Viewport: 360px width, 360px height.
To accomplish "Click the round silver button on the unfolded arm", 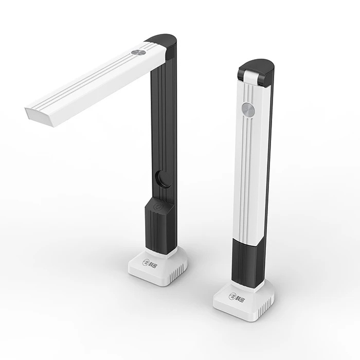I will pyautogui.click(x=137, y=53).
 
